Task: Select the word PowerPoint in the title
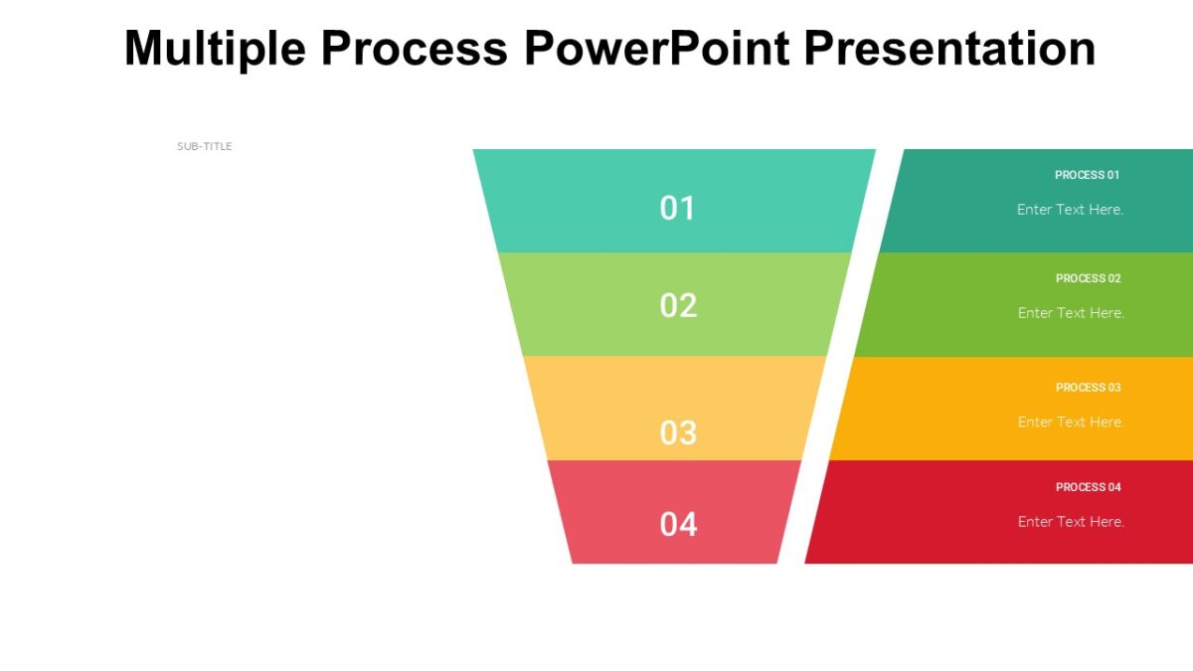pyautogui.click(x=659, y=48)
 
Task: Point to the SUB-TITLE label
pyautogui.click(x=205, y=146)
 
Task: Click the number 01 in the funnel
pyautogui.click(x=678, y=208)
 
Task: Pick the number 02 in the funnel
pyautogui.click(x=678, y=305)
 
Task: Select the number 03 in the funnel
pyautogui.click(x=678, y=432)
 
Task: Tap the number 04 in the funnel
pyautogui.click(x=678, y=524)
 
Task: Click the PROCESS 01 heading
pyautogui.click(x=1087, y=175)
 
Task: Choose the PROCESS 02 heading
pyautogui.click(x=1088, y=278)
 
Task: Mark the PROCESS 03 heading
pyautogui.click(x=1088, y=388)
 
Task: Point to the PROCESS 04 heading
pyautogui.click(x=1088, y=487)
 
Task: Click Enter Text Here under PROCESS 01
pyautogui.click(x=1070, y=210)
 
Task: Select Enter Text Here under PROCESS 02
pyautogui.click(x=1071, y=313)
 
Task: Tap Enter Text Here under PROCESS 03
pyautogui.click(x=1071, y=422)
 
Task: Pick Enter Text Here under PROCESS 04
pyautogui.click(x=1071, y=522)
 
